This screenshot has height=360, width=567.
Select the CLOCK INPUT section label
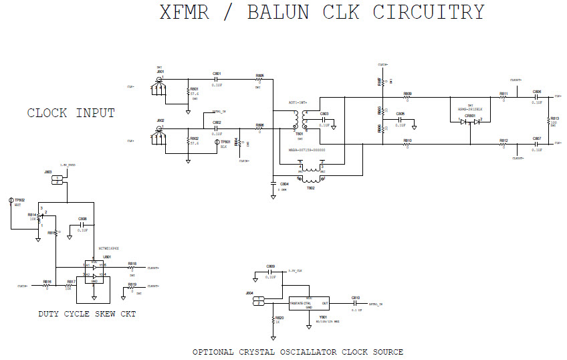(71, 113)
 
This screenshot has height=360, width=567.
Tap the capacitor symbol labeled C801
(217, 79)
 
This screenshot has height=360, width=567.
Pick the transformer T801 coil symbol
(300, 118)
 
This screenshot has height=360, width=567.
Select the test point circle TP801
(217, 142)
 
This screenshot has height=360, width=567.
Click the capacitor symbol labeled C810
(356, 303)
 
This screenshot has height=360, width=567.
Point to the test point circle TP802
(11, 200)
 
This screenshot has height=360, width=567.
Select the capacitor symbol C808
(82, 225)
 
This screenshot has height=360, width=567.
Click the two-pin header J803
(58, 179)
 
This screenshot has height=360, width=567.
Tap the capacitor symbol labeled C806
(537, 96)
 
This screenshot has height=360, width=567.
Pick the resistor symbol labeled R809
(408, 98)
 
